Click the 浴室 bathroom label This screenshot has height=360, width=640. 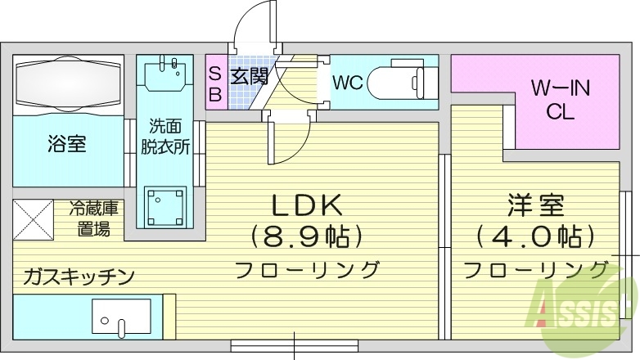[67, 145]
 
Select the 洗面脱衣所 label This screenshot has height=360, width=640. [170, 136]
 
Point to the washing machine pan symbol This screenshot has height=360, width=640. [166, 205]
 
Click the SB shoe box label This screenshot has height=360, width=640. [215, 83]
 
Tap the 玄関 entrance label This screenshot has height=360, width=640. [249, 79]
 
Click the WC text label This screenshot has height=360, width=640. [347, 82]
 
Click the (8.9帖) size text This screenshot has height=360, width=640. [307, 238]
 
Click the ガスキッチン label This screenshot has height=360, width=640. [79, 276]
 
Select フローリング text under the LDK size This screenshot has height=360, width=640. [307, 269]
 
